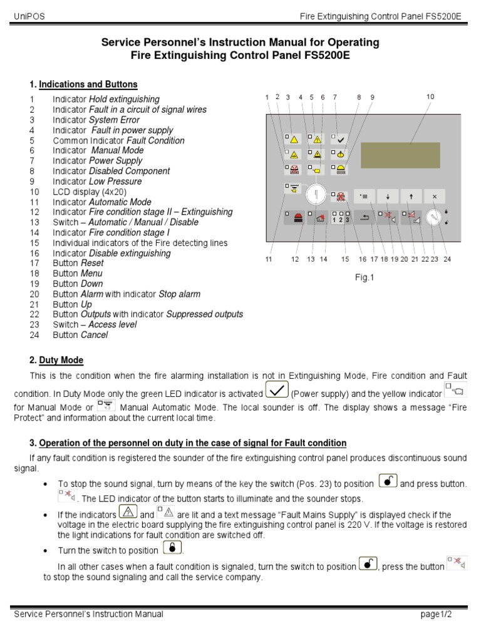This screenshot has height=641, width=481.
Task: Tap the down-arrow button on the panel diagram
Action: [x=388, y=196]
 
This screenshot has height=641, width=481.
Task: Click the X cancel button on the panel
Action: [x=434, y=196]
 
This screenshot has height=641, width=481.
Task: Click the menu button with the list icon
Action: [x=365, y=196]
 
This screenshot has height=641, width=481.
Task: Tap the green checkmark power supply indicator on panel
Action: [x=341, y=139]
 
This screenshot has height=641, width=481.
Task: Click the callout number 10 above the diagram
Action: [x=430, y=97]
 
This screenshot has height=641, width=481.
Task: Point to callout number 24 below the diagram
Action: [x=447, y=259]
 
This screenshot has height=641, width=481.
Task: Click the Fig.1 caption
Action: [x=364, y=277]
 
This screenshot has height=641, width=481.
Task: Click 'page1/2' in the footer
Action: [x=436, y=614]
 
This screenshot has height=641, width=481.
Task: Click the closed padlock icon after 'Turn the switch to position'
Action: [x=172, y=548]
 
